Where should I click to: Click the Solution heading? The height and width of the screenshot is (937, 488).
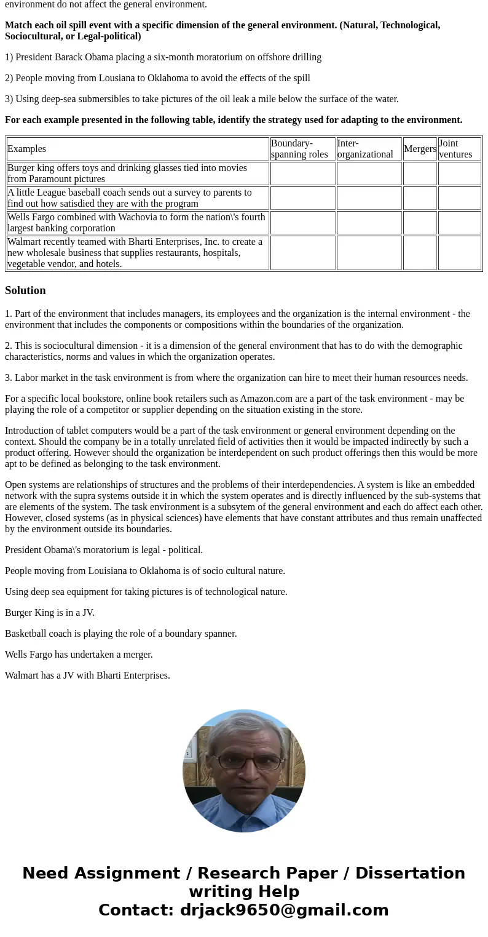pos(25,290)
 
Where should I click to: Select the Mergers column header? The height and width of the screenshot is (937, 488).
pos(420,149)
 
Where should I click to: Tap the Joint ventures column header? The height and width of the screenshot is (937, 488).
pos(459,149)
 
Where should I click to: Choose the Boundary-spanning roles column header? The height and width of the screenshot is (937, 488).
pos(302,149)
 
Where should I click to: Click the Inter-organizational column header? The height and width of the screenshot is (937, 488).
pos(369,149)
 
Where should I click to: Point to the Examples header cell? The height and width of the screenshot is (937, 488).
pos(27,149)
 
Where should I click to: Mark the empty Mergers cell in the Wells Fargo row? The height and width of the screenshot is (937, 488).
pos(420,223)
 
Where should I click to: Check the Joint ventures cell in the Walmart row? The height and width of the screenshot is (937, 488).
pos(459,253)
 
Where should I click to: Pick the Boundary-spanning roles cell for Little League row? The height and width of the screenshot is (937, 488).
pos(302,198)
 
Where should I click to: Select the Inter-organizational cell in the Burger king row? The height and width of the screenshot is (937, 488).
pos(369,173)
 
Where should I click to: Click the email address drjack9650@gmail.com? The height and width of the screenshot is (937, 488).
pos(284,910)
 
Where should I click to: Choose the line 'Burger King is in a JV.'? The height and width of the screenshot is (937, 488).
pos(50,613)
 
